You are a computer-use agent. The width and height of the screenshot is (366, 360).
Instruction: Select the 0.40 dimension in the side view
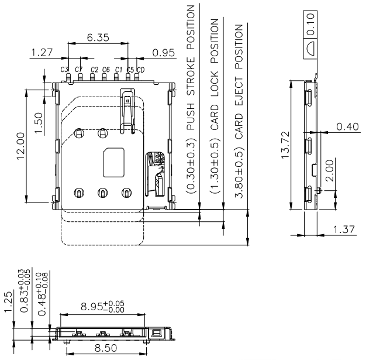(346, 126)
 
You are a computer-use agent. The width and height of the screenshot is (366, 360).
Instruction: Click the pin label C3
(64, 70)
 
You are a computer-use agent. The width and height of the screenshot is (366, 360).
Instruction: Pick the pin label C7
(78, 70)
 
